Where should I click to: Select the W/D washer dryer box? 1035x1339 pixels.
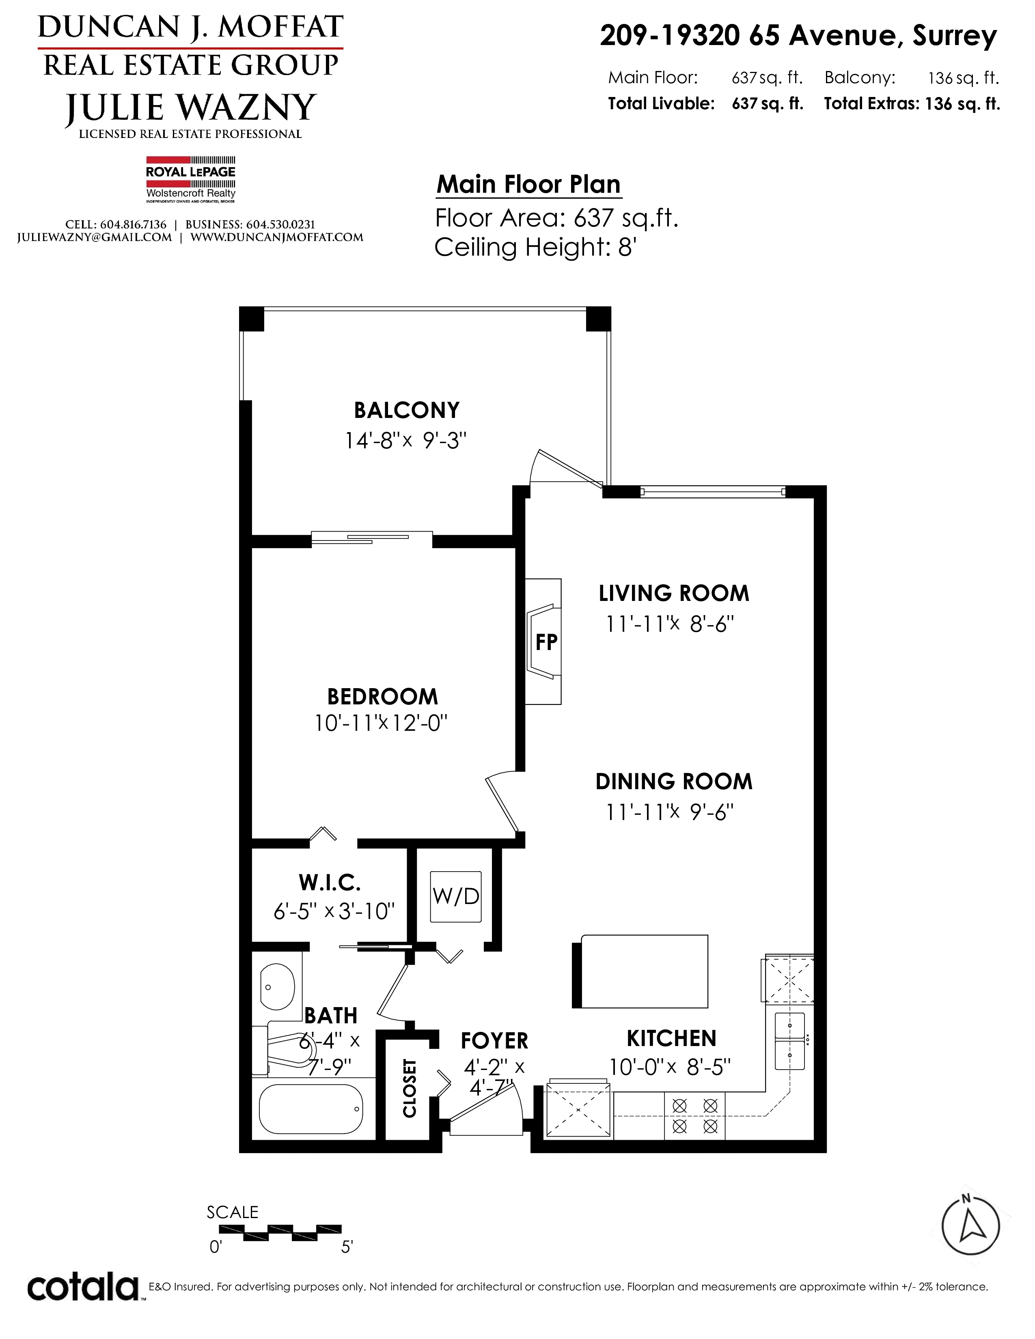[x=455, y=896]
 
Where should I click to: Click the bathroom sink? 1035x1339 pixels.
[x=277, y=987]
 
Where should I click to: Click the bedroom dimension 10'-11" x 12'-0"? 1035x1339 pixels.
[x=381, y=723]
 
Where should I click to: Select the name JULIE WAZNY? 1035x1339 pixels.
[x=191, y=107]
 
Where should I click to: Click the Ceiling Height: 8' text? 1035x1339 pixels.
[x=535, y=247]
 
